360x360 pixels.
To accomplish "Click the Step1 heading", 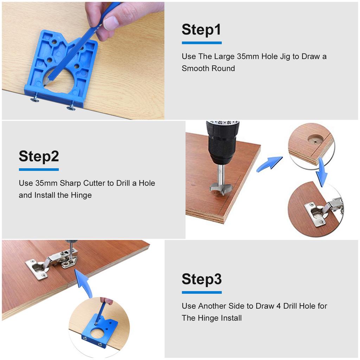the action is pos(201,30).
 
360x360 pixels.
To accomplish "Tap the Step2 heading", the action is pos(39,156).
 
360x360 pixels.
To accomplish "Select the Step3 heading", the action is pos(201,279).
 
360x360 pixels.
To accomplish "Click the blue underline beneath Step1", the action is pos(201,43).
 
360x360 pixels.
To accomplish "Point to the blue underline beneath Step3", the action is pos(201,292).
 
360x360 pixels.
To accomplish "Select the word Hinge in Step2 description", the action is pos(81,195).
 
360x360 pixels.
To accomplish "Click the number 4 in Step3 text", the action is pos(278,306).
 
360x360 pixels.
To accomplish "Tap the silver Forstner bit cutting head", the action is pos(218,189).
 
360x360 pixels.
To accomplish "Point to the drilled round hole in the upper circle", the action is pos(315,139).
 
